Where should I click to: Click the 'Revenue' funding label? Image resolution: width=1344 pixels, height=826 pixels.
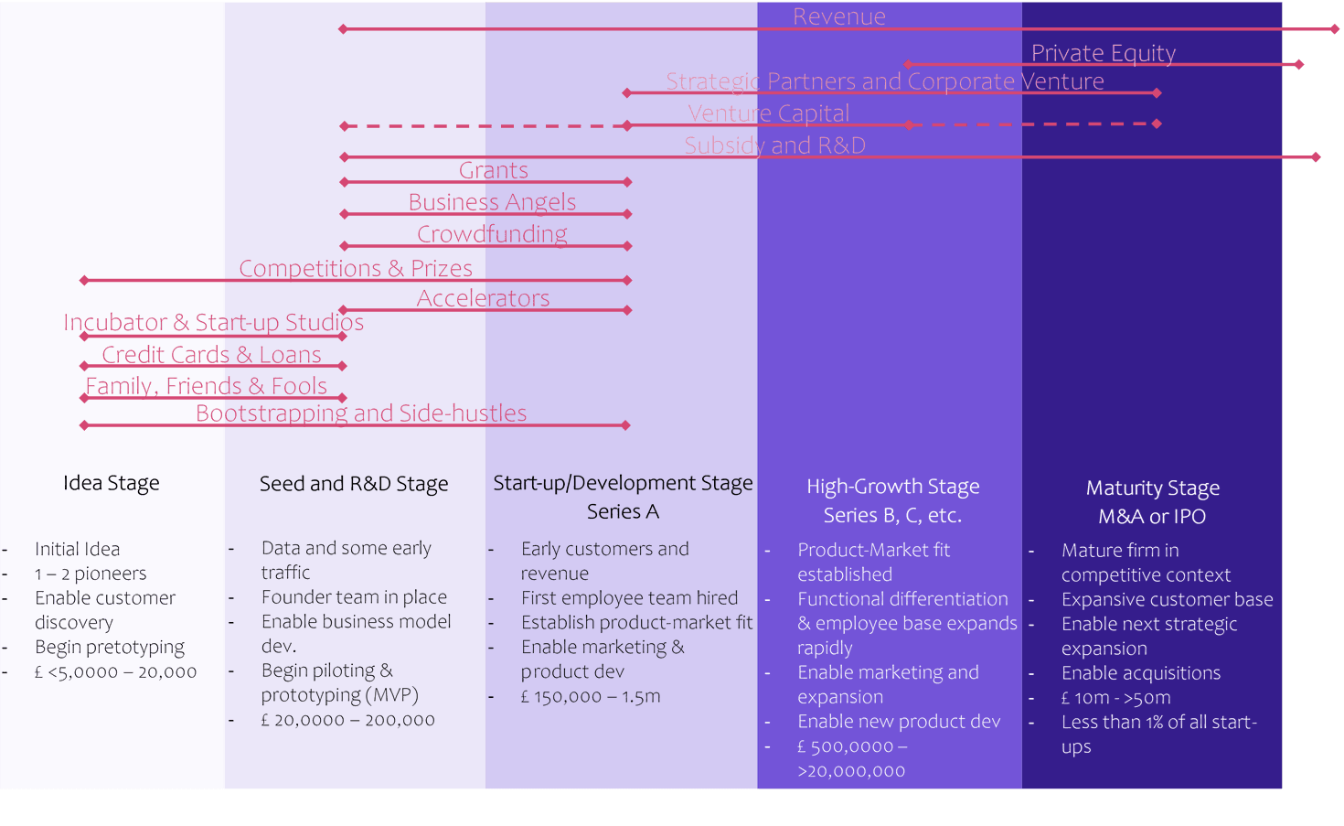tap(838, 16)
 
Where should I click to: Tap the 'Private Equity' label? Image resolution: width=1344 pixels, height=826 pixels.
tap(1103, 53)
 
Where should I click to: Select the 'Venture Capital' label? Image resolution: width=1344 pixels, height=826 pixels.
tap(769, 113)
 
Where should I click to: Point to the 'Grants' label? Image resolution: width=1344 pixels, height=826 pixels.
tap(493, 170)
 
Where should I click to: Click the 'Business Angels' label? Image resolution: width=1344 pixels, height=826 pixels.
tap(492, 202)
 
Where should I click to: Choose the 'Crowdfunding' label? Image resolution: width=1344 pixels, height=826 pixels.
tap(492, 234)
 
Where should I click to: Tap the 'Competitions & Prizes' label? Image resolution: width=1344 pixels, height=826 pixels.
tap(356, 268)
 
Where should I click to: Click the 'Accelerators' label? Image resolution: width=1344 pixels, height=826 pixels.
tap(483, 298)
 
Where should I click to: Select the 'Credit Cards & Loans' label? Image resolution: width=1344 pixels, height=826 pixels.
tap(211, 355)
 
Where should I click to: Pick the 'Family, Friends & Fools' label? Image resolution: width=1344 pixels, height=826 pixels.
tap(206, 386)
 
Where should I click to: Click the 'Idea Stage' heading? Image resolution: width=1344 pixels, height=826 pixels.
tap(111, 483)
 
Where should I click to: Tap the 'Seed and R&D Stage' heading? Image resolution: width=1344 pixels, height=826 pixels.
tap(354, 484)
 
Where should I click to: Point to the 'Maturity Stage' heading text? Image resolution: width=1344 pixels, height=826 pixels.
tap(1153, 488)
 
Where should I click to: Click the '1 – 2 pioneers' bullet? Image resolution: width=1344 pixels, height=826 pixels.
tap(91, 574)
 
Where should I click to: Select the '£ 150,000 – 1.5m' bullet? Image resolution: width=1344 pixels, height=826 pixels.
tap(591, 696)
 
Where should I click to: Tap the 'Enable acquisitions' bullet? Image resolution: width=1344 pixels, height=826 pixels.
tap(1141, 673)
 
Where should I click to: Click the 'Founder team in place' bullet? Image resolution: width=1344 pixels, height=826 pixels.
tap(354, 597)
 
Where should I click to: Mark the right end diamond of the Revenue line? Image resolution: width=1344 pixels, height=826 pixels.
tap(1335, 29)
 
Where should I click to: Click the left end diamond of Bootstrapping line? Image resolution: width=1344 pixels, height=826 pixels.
tap(84, 425)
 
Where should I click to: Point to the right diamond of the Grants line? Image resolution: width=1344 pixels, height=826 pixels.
tap(627, 182)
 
